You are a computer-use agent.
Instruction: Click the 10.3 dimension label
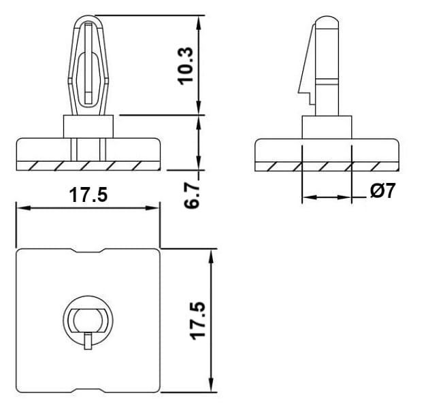(185, 66)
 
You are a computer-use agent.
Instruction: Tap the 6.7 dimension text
(191, 195)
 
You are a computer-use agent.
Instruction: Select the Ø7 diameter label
(382, 190)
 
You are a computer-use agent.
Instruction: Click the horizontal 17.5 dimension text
(88, 194)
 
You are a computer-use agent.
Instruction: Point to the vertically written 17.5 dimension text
(197, 321)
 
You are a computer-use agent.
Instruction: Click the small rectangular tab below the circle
(88, 341)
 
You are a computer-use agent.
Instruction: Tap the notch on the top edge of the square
(88, 250)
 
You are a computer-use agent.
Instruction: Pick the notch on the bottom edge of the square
(88, 390)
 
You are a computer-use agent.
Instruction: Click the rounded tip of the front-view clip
(88, 20)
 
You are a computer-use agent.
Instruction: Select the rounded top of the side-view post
(327, 20)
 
